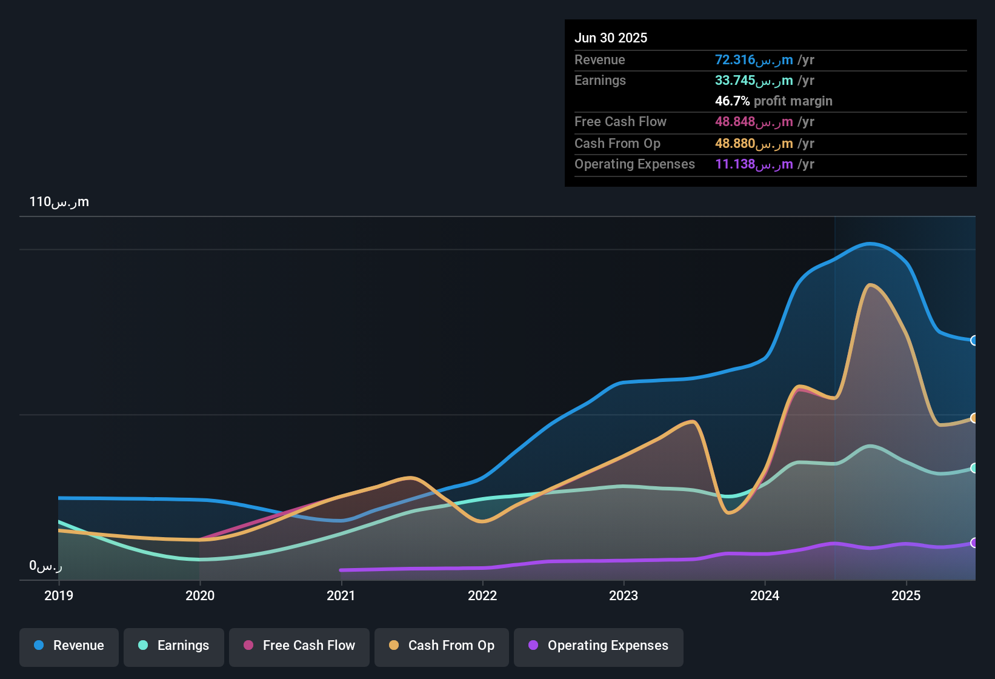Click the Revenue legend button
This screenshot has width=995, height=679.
point(69,646)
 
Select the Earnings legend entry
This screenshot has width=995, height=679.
point(174,646)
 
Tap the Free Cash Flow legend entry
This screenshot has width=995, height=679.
point(299,646)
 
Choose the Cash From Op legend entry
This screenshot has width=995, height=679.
point(442,646)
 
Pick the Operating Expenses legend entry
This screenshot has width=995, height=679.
point(599,646)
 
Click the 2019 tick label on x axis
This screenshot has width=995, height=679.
point(59,595)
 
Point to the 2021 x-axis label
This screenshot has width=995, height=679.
point(341,595)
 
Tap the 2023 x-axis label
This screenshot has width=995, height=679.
point(624,595)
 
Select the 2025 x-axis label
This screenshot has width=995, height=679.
point(906,595)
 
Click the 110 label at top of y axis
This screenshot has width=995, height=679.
point(59,202)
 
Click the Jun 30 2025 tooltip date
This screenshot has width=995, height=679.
point(611,38)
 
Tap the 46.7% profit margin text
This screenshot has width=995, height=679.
point(773,101)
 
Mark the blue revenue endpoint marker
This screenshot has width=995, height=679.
point(974,341)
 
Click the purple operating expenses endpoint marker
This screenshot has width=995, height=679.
point(974,543)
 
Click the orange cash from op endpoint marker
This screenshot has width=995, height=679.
point(974,418)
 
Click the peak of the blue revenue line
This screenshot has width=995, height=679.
point(870,244)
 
